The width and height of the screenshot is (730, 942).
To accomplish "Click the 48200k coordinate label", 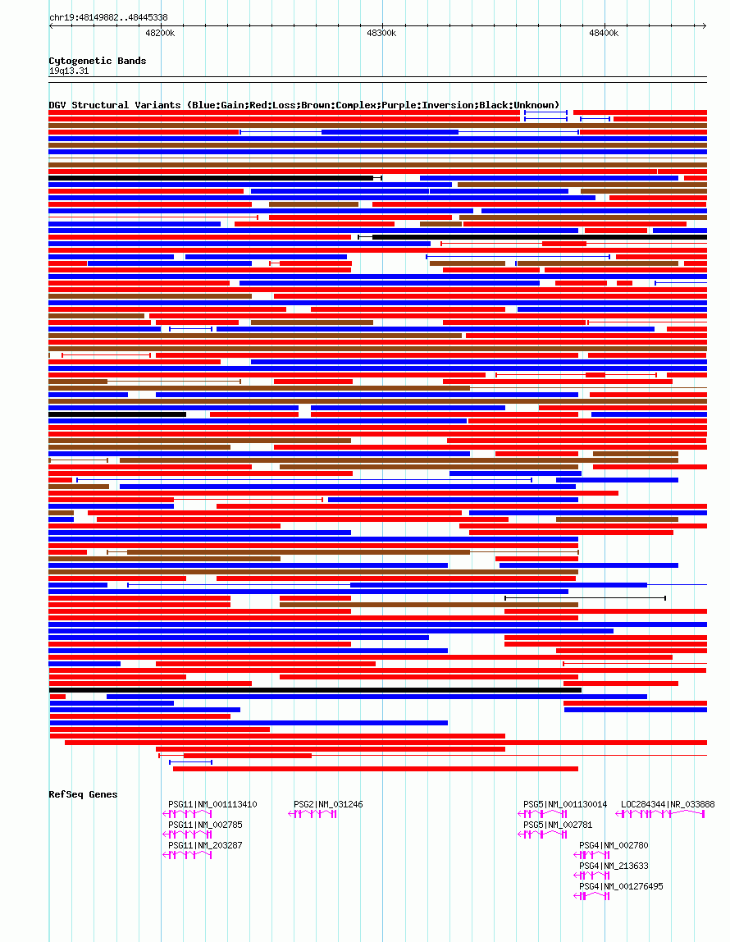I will [x=159, y=34].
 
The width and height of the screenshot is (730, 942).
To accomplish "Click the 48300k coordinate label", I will [x=381, y=34].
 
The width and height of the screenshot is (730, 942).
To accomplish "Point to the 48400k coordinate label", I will [x=604, y=34].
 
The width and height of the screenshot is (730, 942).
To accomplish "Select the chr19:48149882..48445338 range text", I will [x=108, y=17].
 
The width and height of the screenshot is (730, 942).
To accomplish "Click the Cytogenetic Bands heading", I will [x=98, y=61].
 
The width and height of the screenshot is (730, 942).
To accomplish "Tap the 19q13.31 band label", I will [x=69, y=71].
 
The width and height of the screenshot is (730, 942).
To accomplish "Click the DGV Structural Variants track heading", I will [x=303, y=105].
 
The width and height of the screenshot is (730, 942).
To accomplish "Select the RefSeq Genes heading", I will [x=83, y=794].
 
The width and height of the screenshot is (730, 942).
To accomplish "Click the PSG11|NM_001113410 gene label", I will [x=212, y=804].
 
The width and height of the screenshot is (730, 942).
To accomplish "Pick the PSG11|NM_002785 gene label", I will [x=205, y=825].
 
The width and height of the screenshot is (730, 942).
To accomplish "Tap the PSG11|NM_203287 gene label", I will [x=205, y=845].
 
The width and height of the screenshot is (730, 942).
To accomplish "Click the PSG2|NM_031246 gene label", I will [x=328, y=804].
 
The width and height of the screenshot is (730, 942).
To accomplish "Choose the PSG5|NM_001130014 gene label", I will [x=565, y=804].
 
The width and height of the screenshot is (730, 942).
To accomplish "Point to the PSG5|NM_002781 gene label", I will [x=558, y=825].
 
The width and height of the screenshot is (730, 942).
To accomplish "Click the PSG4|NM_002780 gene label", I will [x=614, y=845].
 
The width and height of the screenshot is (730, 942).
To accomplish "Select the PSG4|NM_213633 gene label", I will [x=614, y=866].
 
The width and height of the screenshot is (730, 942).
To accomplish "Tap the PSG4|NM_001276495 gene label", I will [x=621, y=886].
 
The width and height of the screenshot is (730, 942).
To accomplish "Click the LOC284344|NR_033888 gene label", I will [x=668, y=804].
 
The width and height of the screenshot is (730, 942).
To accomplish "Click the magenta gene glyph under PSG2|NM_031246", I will [x=313, y=814].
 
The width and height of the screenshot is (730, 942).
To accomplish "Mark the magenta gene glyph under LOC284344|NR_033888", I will [x=660, y=814].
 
